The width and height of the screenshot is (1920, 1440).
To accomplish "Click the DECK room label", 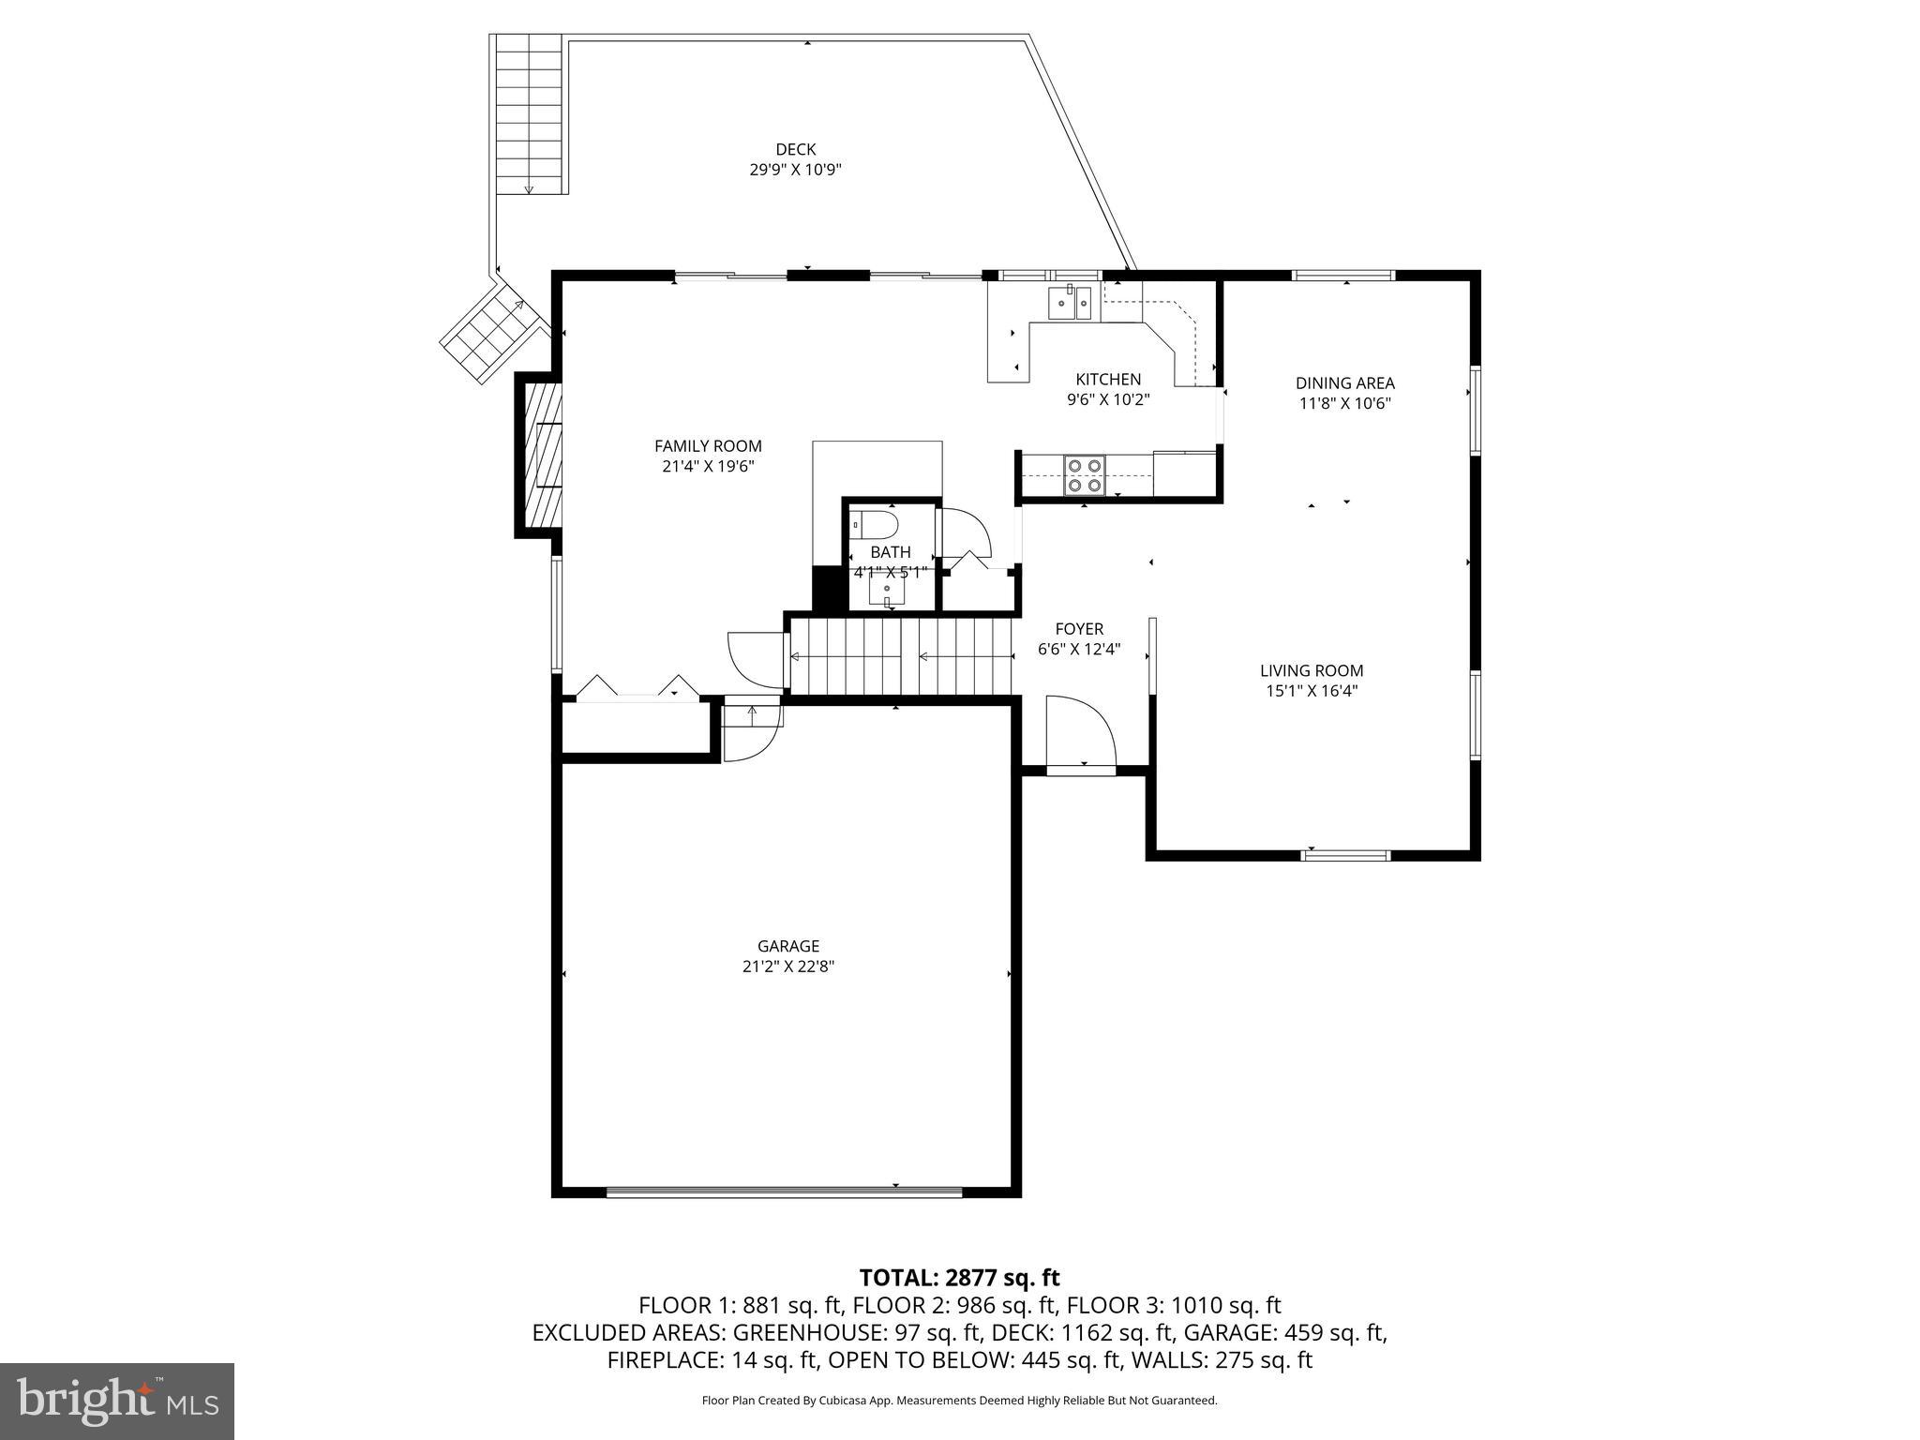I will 795,149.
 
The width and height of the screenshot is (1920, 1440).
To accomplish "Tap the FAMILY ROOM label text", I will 708,446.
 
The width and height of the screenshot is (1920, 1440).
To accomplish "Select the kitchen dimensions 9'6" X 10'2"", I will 1108,399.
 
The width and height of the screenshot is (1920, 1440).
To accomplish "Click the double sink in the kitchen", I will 1070,302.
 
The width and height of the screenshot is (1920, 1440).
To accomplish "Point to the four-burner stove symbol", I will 1084,475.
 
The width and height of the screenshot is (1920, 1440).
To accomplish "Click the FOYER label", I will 1079,629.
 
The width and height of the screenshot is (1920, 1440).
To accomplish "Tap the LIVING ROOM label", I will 1311,670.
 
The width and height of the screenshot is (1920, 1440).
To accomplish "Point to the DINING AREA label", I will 1344,382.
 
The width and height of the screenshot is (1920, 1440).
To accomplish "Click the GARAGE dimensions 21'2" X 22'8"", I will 787,967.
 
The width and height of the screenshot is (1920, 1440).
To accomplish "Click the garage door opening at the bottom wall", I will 784,1192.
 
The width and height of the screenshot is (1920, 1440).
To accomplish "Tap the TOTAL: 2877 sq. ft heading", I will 959,1277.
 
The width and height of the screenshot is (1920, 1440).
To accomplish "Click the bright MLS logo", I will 117,1402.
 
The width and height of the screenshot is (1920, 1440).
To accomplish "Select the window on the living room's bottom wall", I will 1346,855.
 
